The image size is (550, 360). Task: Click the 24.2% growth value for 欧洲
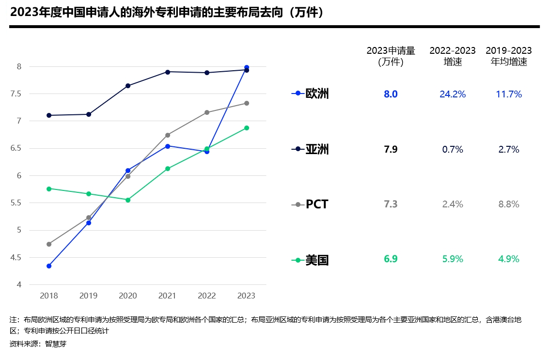453,94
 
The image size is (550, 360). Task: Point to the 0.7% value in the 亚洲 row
453,150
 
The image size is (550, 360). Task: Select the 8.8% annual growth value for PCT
509,204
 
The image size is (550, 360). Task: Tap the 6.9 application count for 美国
391,259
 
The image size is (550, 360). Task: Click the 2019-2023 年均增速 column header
509,56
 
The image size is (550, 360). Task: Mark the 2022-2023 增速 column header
453,56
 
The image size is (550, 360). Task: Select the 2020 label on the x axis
128,296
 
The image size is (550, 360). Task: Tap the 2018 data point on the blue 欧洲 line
49,266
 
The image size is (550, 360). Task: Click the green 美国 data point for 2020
128,200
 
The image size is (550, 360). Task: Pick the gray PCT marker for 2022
207,112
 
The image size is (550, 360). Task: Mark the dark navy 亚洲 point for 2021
168,72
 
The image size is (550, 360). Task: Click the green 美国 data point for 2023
247,128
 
